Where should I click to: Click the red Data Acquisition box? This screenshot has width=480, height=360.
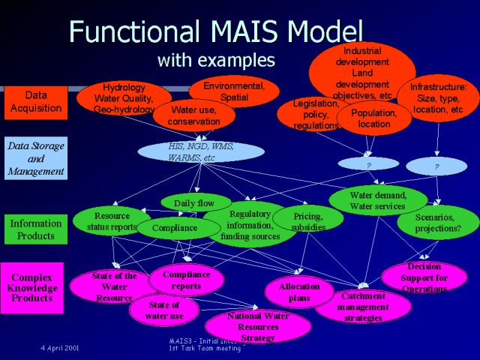[36, 103]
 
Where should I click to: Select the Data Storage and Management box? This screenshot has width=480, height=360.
[36, 158]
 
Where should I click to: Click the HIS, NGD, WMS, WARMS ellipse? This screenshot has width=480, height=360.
[200, 152]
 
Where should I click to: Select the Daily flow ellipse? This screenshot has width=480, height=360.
[194, 202]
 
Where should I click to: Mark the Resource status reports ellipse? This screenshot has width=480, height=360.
[112, 220]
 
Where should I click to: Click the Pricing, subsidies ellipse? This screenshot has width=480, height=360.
[308, 219]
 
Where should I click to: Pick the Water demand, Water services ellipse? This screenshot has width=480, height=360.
[377, 200]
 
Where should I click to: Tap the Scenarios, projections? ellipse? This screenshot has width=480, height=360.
[437, 222]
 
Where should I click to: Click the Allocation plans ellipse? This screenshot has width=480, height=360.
[299, 292]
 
